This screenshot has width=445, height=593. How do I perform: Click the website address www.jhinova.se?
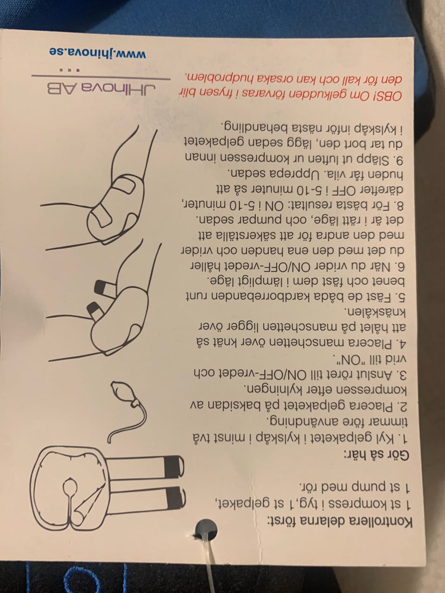[x=98, y=53]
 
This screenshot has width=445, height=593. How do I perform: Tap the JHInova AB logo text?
[x=102, y=89]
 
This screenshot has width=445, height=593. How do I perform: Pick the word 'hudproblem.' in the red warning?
[x=226, y=79]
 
